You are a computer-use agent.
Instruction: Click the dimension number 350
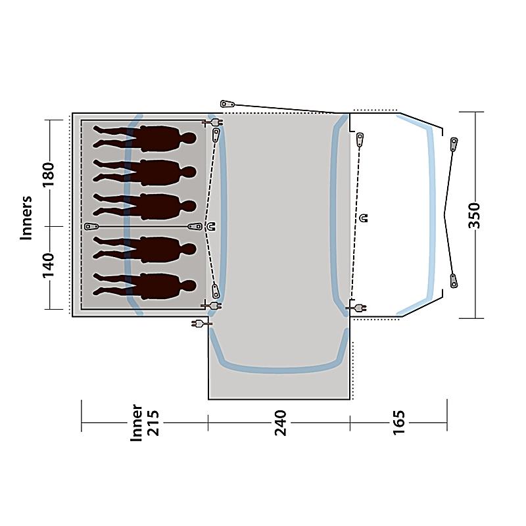pyautogui.click(x=474, y=216)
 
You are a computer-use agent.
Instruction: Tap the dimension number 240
pyautogui.click(x=281, y=423)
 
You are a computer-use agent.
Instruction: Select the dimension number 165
pyautogui.click(x=399, y=422)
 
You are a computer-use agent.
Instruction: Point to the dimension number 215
pyautogui.click(x=154, y=423)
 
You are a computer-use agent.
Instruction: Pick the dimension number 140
pyautogui.click(x=48, y=266)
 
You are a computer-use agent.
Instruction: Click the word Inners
pyautogui.click(x=26, y=218)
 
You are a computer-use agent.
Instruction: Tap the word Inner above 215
pyautogui.click(x=136, y=423)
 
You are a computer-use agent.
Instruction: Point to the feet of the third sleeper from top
pyautogui.click(x=98, y=204)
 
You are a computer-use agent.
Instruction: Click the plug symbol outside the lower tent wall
pyautogui.click(x=201, y=323)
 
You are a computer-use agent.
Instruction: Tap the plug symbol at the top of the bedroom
pyautogui.click(x=212, y=123)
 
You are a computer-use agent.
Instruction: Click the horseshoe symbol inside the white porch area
pyautogui.click(x=364, y=218)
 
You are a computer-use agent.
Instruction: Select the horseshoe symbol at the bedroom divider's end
pyautogui.click(x=211, y=226)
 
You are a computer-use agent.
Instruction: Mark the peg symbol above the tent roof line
pyautogui.click(x=227, y=104)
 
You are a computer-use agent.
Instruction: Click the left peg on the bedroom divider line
pyautogui.click(x=91, y=226)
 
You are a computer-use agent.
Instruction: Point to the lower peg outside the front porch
pyautogui.click(x=453, y=281)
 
